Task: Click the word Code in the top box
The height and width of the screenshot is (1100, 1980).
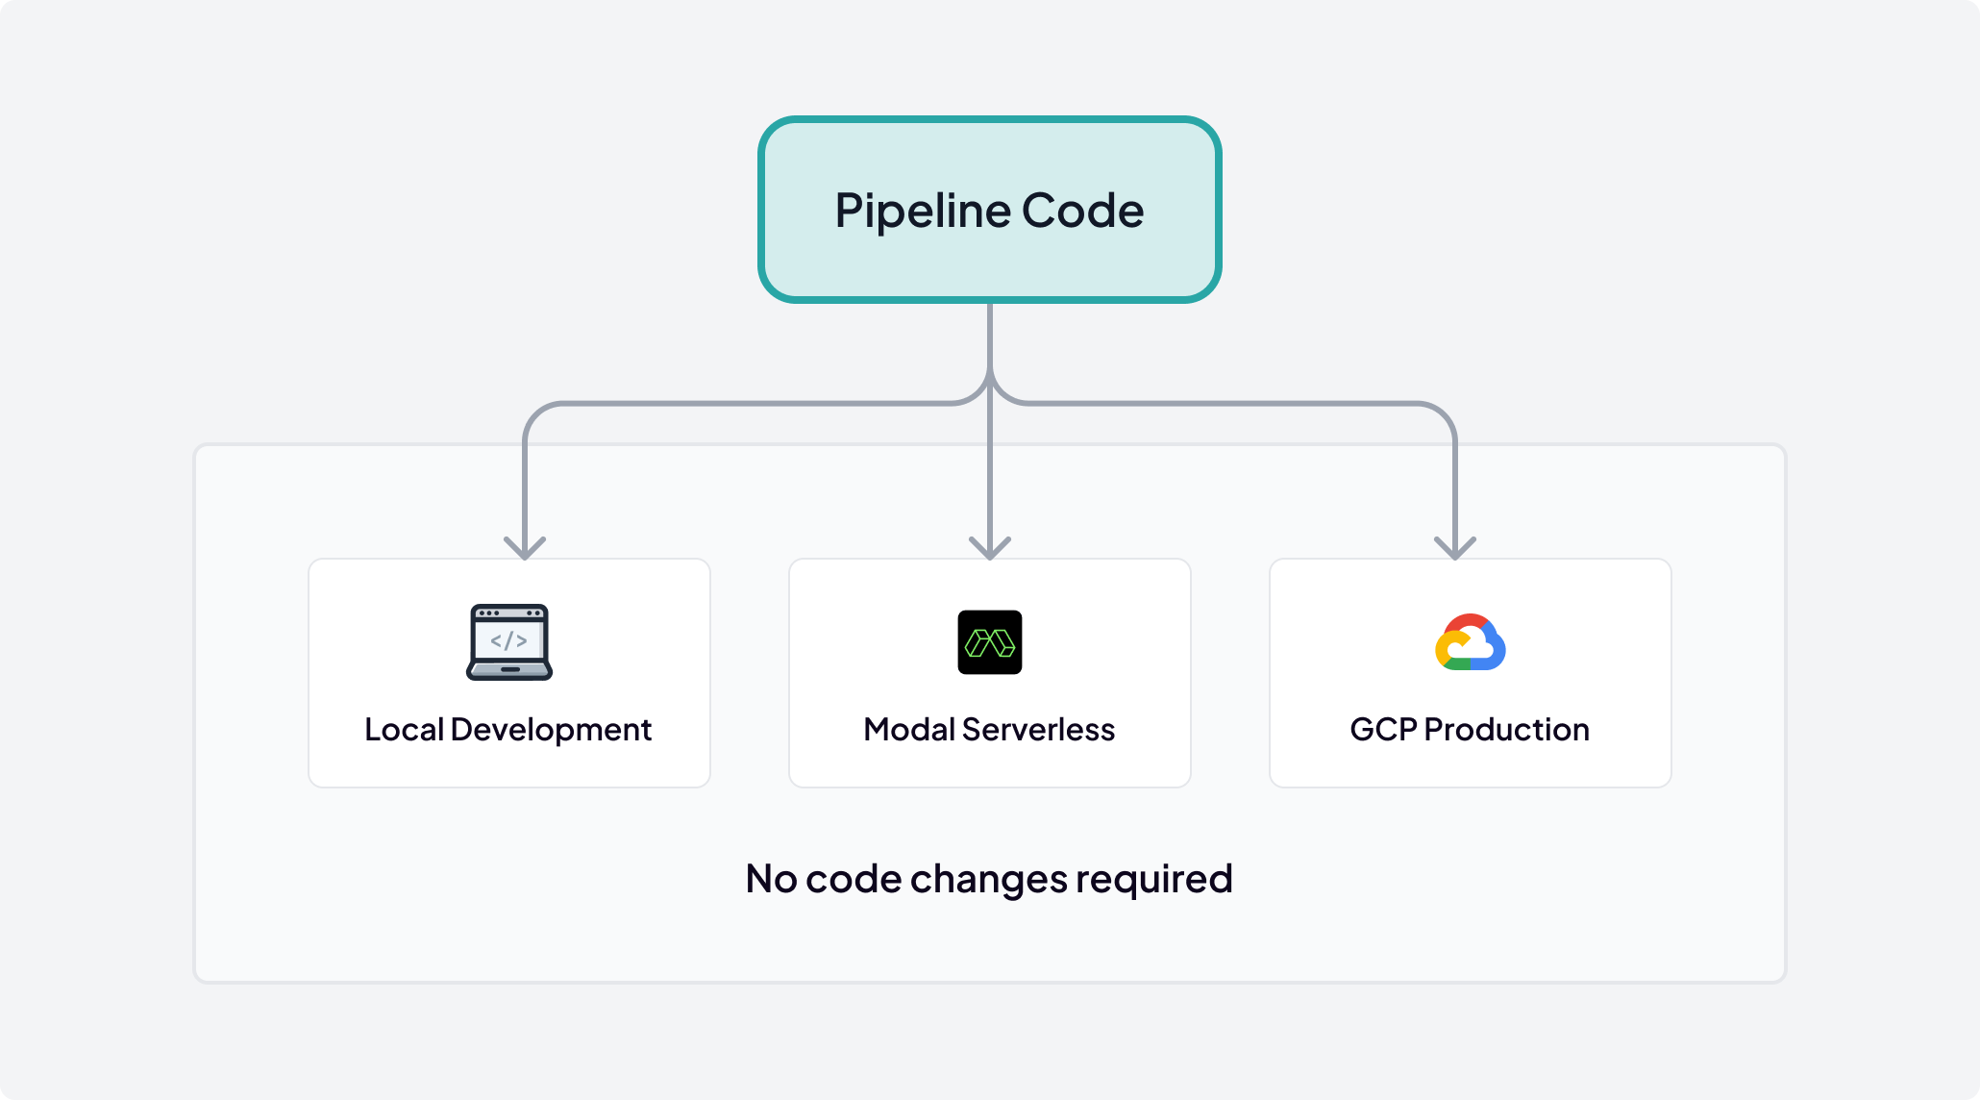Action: pyautogui.click(x=1082, y=211)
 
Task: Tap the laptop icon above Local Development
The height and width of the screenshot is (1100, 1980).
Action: pyautogui.click(x=509, y=642)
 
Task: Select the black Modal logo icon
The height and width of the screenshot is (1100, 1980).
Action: pyautogui.click(x=990, y=642)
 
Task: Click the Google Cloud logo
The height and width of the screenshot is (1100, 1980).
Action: pyautogui.click(x=1471, y=642)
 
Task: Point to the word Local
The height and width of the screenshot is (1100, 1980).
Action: pyautogui.click(x=404, y=730)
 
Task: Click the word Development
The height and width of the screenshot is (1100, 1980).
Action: pyautogui.click(x=551, y=730)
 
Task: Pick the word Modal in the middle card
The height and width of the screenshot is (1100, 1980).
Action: pyautogui.click(x=908, y=730)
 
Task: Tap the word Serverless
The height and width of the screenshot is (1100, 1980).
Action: pyautogui.click(x=1038, y=730)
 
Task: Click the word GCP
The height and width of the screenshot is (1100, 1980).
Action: pyautogui.click(x=1383, y=730)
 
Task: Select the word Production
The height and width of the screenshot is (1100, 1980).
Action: pyautogui.click(x=1506, y=730)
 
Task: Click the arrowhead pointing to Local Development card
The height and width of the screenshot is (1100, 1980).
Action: pyautogui.click(x=525, y=549)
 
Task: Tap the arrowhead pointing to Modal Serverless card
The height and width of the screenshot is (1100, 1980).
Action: pyautogui.click(x=990, y=549)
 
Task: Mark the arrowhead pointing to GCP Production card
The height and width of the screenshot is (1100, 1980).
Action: pyautogui.click(x=1455, y=549)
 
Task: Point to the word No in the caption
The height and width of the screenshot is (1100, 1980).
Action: pyautogui.click(x=771, y=879)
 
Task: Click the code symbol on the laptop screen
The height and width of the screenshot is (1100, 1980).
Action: pyautogui.click(x=508, y=640)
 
